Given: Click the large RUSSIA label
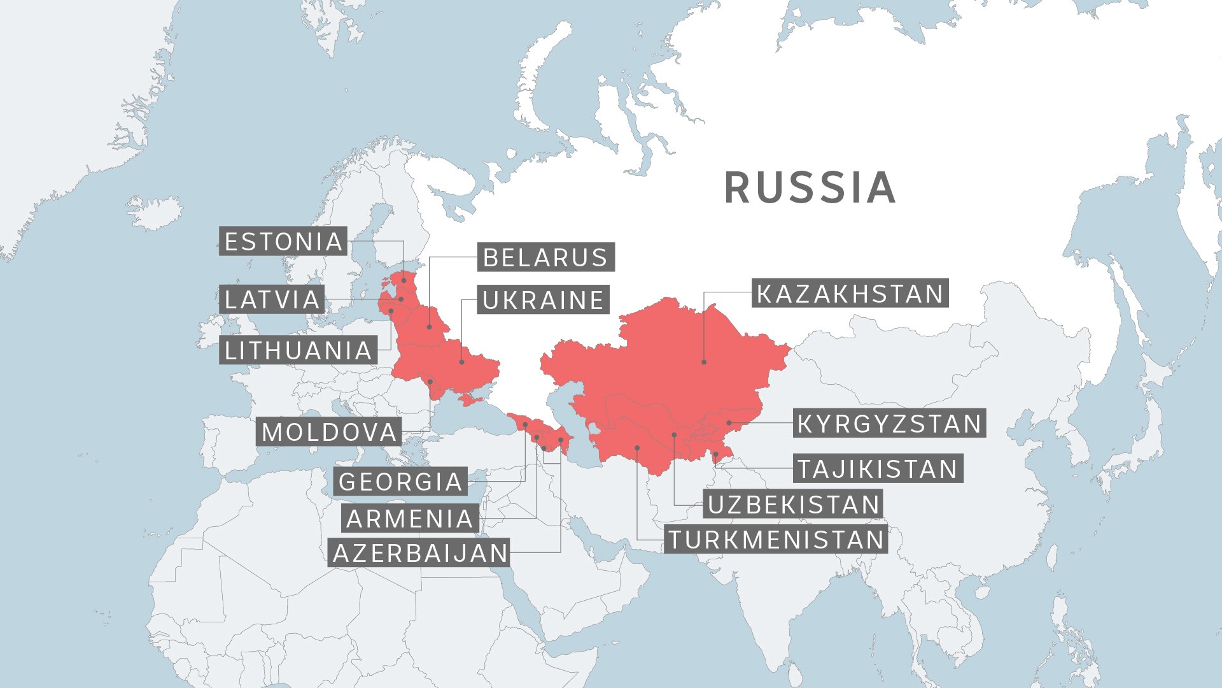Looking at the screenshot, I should pyautogui.click(x=810, y=188).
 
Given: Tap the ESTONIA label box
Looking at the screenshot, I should pyautogui.click(x=283, y=241).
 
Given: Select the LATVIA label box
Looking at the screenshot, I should pyautogui.click(x=272, y=299).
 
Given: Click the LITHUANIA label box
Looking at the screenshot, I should pyautogui.click(x=298, y=350).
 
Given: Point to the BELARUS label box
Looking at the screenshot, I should pyautogui.click(x=545, y=257).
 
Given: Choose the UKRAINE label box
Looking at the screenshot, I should pyautogui.click(x=543, y=300).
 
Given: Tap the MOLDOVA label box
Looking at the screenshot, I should pyautogui.click(x=329, y=432).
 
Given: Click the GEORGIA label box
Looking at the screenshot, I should pyautogui.click(x=400, y=482).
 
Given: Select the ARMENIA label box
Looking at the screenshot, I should pyautogui.click(x=410, y=519).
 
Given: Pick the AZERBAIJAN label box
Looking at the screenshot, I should pyautogui.click(x=420, y=553).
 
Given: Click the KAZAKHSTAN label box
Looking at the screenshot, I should pyautogui.click(x=850, y=294).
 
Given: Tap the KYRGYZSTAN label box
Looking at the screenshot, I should pyautogui.click(x=889, y=424).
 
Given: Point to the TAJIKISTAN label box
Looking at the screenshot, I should pyautogui.click(x=878, y=469).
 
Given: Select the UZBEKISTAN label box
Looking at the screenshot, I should pyautogui.click(x=793, y=505).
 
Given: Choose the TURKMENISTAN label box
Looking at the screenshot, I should pyautogui.click(x=776, y=540).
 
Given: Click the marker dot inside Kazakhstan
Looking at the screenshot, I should pyautogui.click(x=704, y=362).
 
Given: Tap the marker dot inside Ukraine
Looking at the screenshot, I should pyautogui.click(x=462, y=362).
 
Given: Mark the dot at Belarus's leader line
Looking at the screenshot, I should pyautogui.click(x=429, y=327).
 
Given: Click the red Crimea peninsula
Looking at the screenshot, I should pyautogui.click(x=470, y=399).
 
